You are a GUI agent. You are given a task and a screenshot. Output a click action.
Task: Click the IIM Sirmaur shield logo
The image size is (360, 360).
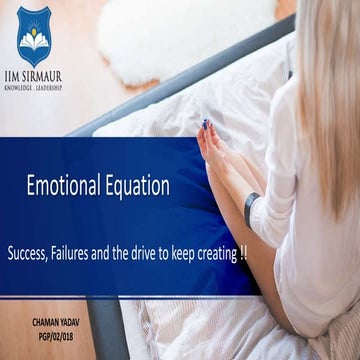coord(34,37)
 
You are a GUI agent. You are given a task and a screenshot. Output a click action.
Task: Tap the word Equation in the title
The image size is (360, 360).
coord(133,185)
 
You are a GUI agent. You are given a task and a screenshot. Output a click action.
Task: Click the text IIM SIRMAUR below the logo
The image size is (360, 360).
coord(35,77)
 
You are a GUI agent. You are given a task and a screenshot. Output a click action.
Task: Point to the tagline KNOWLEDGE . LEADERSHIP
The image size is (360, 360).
coord(35,87)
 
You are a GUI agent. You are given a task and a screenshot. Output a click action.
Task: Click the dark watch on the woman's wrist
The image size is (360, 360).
coord(251,208)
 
